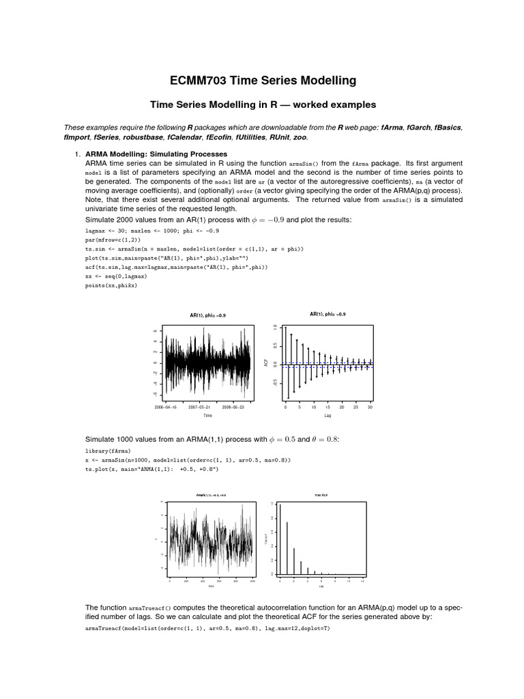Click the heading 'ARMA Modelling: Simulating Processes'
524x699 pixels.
pos(156,154)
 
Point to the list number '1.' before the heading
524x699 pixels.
pos(78,154)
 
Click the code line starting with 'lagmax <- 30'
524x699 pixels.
pos(161,231)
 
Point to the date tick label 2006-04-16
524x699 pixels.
pos(165,406)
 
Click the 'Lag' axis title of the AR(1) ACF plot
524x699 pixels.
pos(327,414)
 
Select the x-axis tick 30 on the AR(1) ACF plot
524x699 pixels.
pos(370,406)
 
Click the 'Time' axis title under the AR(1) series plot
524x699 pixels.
pos(208,414)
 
